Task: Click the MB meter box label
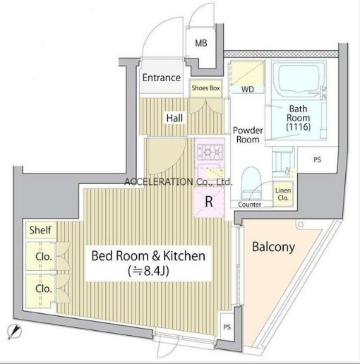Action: pos(201,43)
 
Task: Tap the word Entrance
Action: pos(162,78)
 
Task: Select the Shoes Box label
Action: pos(205,88)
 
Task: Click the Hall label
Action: pos(174,118)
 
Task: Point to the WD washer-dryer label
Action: pos(248,90)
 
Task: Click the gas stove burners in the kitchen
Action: pos(210,151)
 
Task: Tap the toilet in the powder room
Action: pos(251,183)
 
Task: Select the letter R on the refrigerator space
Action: pos(209,202)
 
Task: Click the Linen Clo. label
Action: pos(283,194)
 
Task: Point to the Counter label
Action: pos(250,205)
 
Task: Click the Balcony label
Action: pos(273,247)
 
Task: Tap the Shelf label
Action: pos(40,230)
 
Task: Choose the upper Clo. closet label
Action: pos(44,257)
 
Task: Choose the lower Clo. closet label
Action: pos(44,289)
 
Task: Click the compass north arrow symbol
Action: pos(14,332)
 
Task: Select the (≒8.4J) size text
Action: pos(149,271)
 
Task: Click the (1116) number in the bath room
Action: pos(299,127)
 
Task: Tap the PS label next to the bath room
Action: pos(318,160)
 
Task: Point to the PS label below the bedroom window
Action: pos(227,327)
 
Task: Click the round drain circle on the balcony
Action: pos(301,224)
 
